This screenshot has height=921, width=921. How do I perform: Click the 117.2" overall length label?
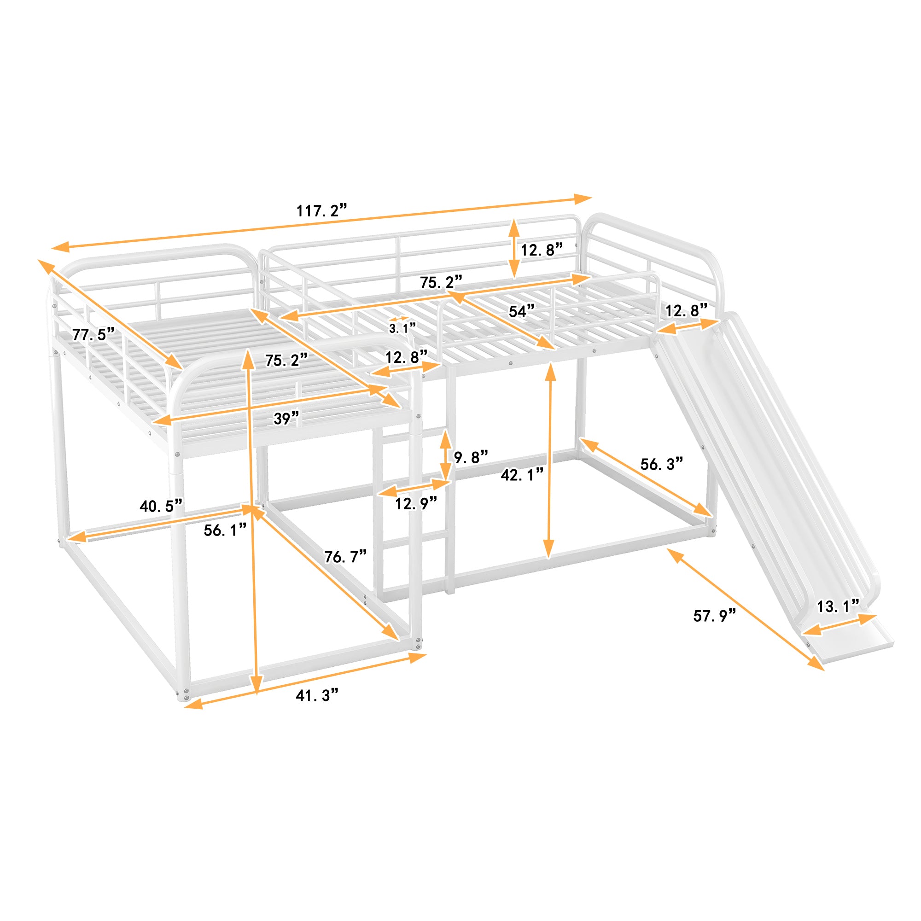coord(321,210)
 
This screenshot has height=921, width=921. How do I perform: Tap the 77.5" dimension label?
coord(93,334)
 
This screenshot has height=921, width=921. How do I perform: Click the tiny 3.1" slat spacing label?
coord(402,328)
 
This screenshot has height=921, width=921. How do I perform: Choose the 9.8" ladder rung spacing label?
coord(471,457)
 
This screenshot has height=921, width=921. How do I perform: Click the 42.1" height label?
coord(522,475)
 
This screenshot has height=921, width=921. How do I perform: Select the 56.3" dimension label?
coord(662,464)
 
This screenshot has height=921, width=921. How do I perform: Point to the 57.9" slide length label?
coord(715,616)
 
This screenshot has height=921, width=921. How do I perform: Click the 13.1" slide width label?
coord(838,606)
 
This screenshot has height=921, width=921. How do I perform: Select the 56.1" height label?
coord(225,530)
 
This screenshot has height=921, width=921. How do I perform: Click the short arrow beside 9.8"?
coord(446,456)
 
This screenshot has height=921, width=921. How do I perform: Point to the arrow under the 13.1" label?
coord(839,625)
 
